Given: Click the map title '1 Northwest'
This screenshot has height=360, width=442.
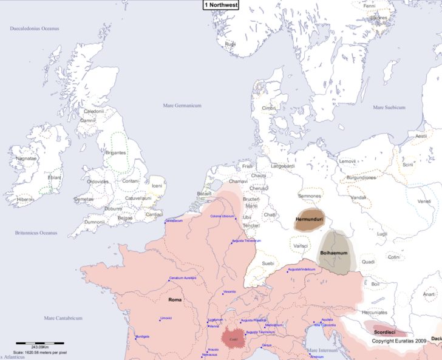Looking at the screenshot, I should click(221, 5).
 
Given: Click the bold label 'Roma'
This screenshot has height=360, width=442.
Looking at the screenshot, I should click(175, 299).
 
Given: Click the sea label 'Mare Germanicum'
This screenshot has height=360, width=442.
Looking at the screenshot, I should click(182, 106).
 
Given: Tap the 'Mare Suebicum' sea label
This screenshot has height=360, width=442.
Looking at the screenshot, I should click(389, 107).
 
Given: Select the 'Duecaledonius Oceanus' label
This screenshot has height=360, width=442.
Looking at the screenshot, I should click(35, 29).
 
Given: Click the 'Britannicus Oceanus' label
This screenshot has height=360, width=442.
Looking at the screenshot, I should click(36, 233).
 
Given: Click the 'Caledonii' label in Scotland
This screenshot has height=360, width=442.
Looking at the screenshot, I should click(93, 111).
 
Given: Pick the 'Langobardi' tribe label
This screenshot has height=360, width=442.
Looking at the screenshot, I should click(282, 166).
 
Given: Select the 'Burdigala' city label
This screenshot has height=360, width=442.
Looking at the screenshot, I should click(142, 336).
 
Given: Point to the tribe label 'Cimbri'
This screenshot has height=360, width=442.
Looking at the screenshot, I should click(268, 108).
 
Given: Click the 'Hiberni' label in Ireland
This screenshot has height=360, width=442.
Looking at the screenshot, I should click(25, 199).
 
